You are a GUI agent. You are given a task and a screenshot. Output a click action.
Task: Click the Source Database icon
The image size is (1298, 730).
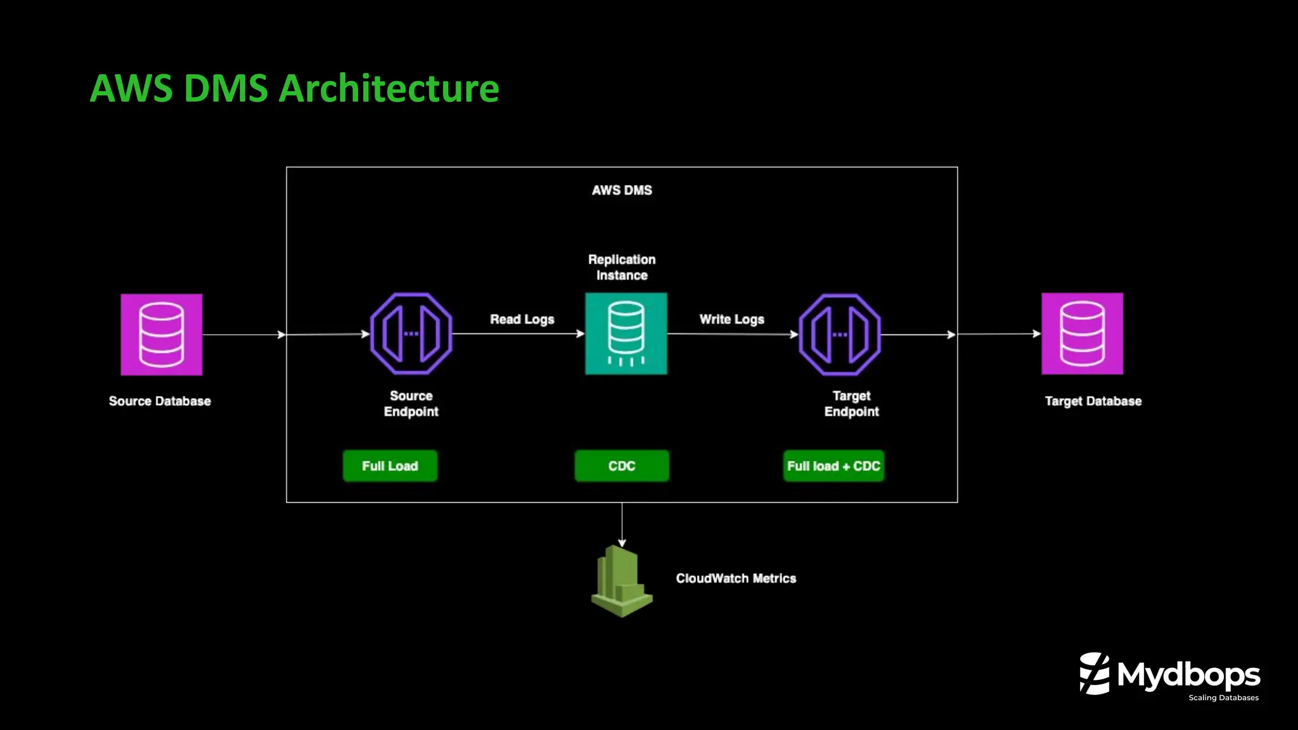tap(162, 335)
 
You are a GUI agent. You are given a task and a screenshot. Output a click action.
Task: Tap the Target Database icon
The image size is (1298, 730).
tap(1082, 334)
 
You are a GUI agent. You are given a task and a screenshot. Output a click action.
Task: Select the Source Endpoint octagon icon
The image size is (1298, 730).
tap(411, 334)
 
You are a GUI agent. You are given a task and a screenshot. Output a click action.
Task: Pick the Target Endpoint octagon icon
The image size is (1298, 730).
tap(839, 335)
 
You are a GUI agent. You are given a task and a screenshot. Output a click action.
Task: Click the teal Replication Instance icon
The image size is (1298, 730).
tap(626, 334)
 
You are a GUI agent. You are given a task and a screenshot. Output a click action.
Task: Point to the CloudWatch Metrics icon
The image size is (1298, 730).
tap(621, 581)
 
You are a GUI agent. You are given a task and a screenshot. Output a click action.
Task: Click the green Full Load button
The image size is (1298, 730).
tap(390, 466)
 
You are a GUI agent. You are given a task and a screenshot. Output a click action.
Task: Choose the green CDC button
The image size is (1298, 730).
tap(621, 466)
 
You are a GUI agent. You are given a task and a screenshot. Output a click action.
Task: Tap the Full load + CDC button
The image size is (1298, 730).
tap(833, 466)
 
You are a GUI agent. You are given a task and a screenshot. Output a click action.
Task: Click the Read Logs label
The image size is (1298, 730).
tap(522, 319)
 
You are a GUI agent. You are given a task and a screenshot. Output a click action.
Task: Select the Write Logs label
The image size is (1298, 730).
tap(731, 319)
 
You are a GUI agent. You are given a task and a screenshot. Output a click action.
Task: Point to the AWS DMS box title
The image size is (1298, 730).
tap(622, 190)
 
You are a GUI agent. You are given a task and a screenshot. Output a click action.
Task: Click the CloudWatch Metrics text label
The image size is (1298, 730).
tap(736, 579)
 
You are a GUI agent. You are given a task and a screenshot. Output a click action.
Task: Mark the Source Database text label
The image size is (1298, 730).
tap(160, 401)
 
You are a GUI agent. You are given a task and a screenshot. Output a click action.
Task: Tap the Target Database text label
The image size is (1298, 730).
tap(1093, 401)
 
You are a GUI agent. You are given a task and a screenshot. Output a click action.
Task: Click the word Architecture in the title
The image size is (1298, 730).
tap(389, 88)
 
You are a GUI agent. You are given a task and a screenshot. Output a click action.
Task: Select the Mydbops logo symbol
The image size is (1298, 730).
tap(1095, 674)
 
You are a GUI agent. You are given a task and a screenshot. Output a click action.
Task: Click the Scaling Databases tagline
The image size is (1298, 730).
tap(1223, 698)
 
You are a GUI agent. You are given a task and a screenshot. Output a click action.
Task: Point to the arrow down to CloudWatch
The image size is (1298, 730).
tap(622, 525)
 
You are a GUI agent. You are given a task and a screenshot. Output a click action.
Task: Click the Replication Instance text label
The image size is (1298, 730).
tap(622, 267)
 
